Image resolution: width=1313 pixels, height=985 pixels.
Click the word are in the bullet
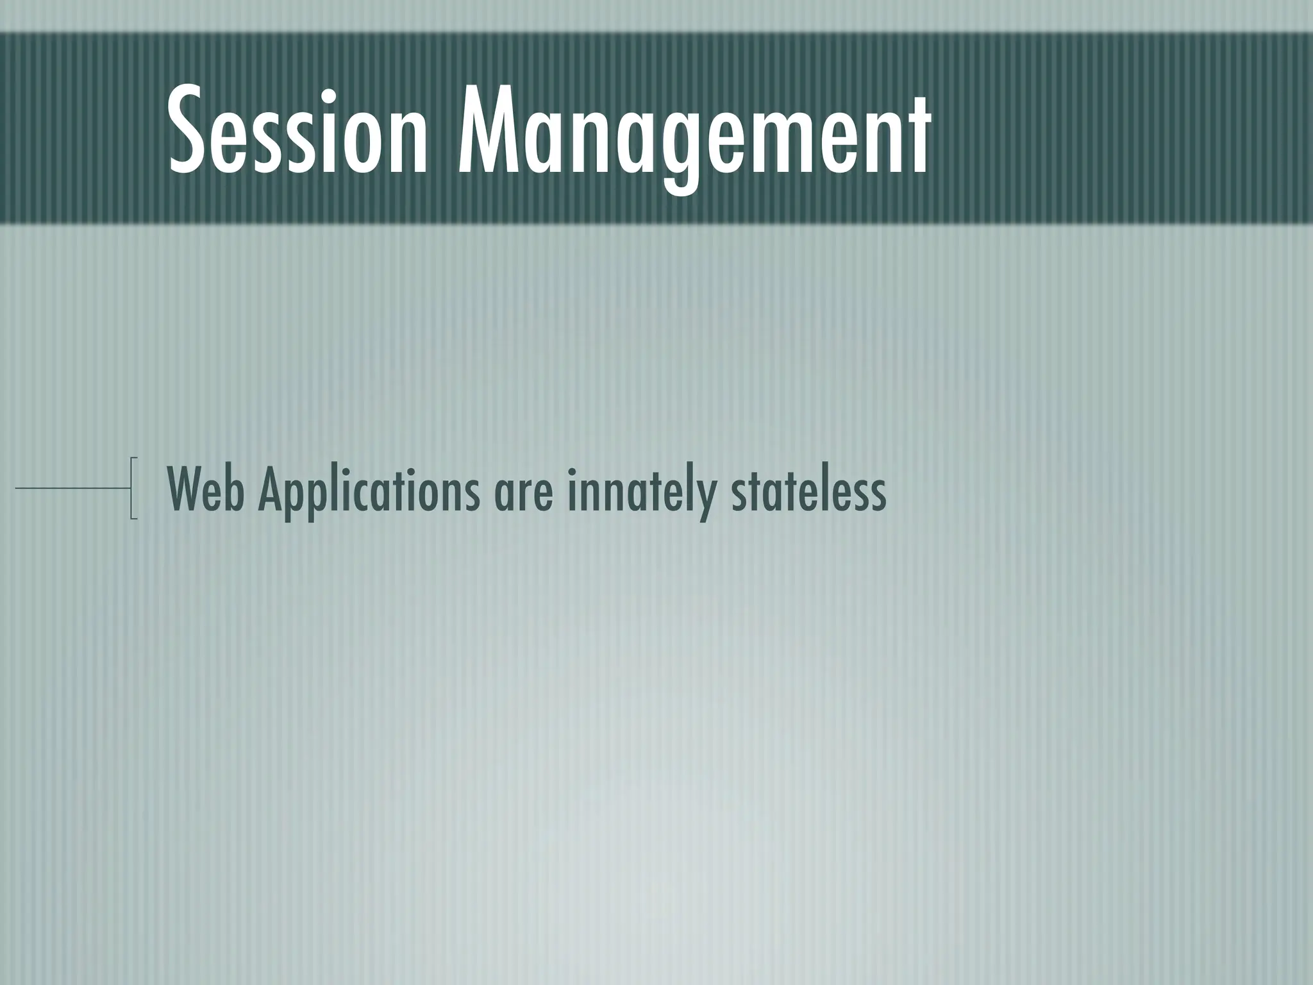point(523,497)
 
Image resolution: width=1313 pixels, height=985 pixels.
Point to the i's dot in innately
point(569,473)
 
